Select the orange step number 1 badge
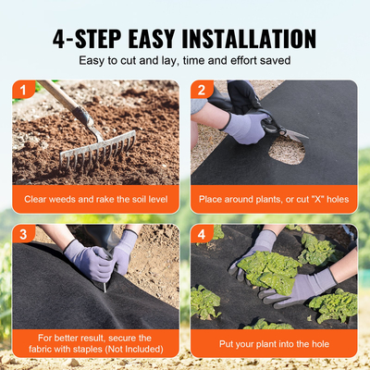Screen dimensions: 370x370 point(20,90)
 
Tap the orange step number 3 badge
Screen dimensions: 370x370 point(20,234)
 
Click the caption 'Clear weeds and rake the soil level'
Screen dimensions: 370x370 point(95,198)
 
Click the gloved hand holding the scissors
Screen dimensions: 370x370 point(245,125)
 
